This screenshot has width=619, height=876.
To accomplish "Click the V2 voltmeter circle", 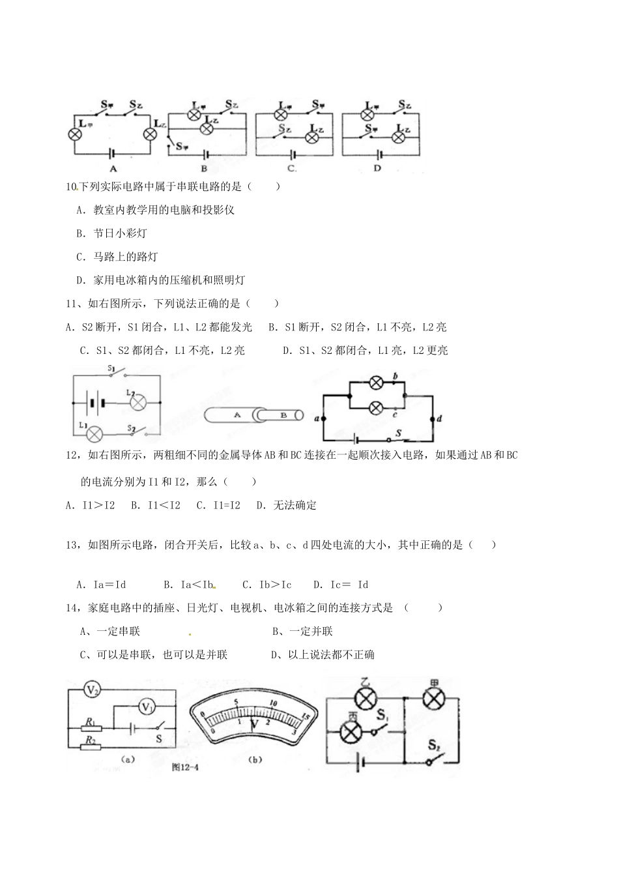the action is (x=93, y=690).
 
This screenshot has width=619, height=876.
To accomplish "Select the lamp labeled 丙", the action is (x=353, y=732).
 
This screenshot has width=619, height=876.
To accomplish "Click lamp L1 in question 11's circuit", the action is (x=96, y=433).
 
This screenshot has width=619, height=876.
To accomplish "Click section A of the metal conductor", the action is (x=237, y=415).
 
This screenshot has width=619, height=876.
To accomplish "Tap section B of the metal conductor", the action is (x=283, y=415).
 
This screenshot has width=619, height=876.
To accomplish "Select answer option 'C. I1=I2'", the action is (x=218, y=505).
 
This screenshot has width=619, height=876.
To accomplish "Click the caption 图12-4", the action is (x=184, y=767).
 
